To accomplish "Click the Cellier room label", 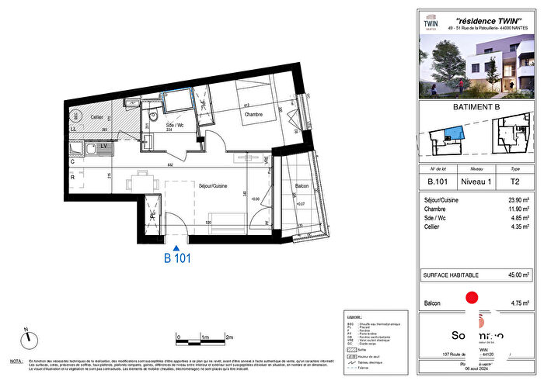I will [x=96, y=117].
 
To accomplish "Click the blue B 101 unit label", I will [x=176, y=258].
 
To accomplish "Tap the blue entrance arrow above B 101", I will [x=176, y=246].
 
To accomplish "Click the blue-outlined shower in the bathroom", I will [x=179, y=101].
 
